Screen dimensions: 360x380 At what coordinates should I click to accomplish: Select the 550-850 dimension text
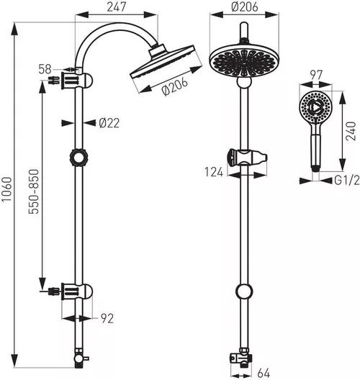tap(34, 191)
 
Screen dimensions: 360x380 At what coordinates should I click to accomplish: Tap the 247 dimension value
tap(117, 6)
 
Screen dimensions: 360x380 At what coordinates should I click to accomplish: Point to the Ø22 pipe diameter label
tap(109, 123)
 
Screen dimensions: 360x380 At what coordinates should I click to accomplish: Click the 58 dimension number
tap(45, 70)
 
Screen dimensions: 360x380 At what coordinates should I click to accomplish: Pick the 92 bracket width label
tap(107, 318)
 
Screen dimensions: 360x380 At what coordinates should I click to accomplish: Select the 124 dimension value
tap(214, 172)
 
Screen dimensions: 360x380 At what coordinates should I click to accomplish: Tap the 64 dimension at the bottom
tap(264, 373)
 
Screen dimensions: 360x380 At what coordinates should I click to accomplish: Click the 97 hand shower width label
tap(316, 75)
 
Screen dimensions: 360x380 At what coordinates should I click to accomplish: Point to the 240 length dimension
tap(351, 131)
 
